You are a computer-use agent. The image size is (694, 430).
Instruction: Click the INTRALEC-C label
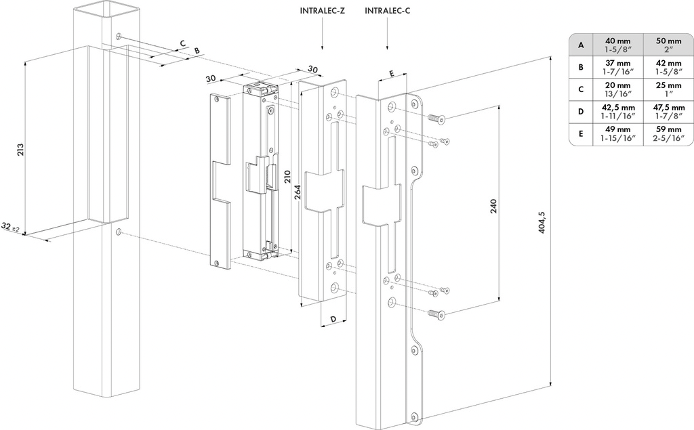pos(387,11)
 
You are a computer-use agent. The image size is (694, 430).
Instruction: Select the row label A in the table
pos(581,45)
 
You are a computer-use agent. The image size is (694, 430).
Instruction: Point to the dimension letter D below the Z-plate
pos(333,318)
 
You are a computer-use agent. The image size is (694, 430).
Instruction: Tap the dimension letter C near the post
pos(182,43)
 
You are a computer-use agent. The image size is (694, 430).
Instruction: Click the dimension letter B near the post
pos(197,51)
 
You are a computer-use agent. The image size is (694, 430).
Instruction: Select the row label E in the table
pos(581,133)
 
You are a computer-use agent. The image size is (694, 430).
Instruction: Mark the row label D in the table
pos(581,111)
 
